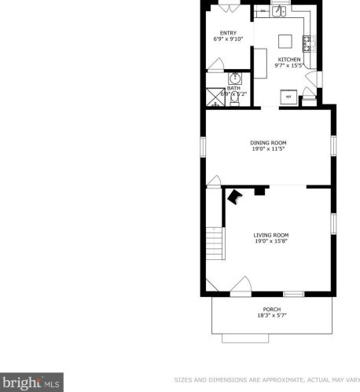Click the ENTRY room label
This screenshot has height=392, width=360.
[228, 32]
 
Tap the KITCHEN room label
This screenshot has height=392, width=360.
[288, 60]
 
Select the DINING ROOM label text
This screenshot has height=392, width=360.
[267, 142]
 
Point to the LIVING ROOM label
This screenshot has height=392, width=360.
[270, 235]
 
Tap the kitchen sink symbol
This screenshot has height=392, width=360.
[279, 11]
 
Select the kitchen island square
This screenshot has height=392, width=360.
[285, 40]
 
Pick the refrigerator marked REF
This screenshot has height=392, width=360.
[288, 97]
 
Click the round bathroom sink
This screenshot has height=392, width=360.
[235, 79]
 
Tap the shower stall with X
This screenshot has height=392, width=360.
[215, 97]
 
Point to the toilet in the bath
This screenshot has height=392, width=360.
[235, 98]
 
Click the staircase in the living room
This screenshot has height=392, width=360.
[215, 243]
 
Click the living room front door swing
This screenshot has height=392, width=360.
[243, 284]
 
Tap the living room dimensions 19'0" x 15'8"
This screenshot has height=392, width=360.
[270, 241]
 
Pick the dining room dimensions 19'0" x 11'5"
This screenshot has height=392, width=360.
[267, 148]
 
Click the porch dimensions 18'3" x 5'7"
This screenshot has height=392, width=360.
[271, 317]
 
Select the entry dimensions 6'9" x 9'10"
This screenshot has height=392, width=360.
[228, 38]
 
